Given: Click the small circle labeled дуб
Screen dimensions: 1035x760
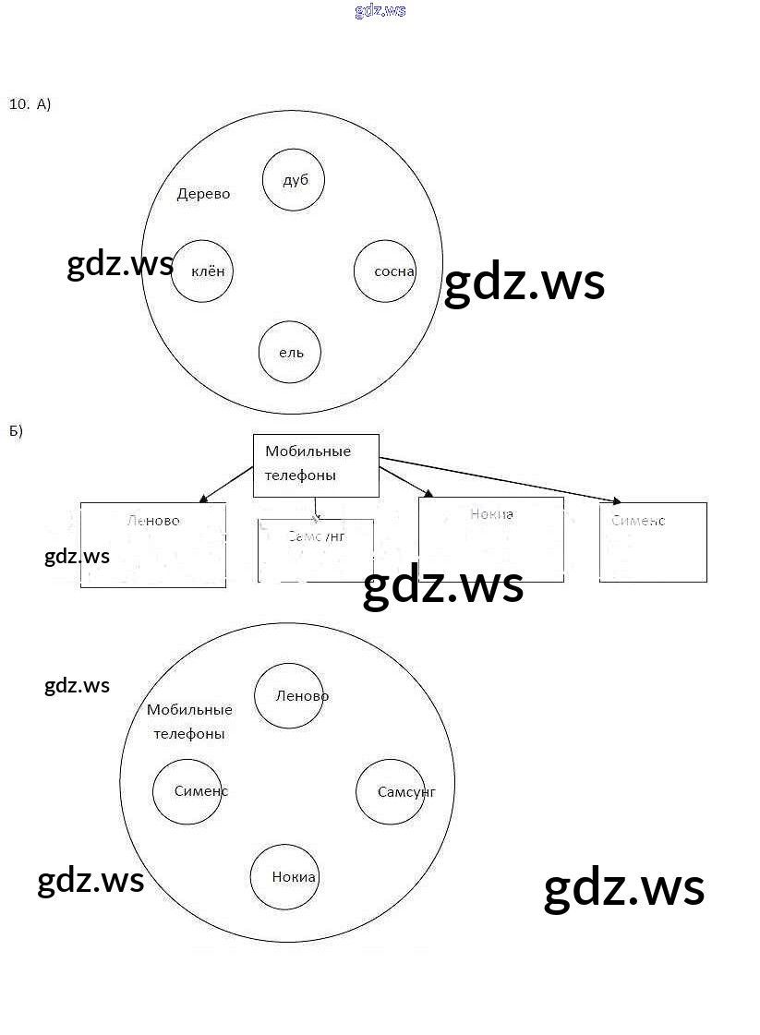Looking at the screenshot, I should [294, 180].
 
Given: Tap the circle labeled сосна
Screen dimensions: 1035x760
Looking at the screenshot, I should [385, 271].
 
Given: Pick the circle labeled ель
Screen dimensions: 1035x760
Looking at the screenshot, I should [290, 352].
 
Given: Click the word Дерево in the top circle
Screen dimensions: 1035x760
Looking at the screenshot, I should [203, 194].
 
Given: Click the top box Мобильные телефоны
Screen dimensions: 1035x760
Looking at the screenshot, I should [316, 464].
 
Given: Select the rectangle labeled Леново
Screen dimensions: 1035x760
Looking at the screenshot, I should [153, 545].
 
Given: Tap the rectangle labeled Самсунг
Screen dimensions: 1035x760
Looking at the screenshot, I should [316, 550].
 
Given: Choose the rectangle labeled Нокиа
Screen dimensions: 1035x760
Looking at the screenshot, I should [490, 539].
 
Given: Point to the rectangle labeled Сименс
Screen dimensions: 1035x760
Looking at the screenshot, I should [653, 542].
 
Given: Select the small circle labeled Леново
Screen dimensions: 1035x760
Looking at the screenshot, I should [289, 696].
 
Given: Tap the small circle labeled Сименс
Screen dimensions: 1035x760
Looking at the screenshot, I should [187, 791].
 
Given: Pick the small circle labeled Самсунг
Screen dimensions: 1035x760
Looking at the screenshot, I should [391, 791].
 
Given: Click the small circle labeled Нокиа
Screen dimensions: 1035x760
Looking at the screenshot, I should [285, 877].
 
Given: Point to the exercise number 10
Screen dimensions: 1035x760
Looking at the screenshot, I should [19, 103].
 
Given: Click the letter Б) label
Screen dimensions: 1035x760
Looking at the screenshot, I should [16, 431].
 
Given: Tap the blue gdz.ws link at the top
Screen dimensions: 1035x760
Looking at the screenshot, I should [380, 11].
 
